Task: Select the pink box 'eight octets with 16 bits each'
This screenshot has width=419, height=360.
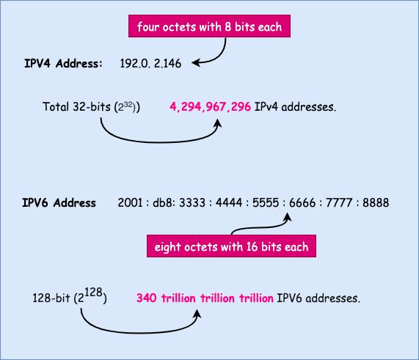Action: point(232,246)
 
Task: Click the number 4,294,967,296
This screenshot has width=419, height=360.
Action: point(211,107)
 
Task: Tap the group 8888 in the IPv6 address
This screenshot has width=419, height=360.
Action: point(374,202)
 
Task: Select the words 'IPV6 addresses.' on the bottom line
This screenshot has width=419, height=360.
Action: point(318,299)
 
